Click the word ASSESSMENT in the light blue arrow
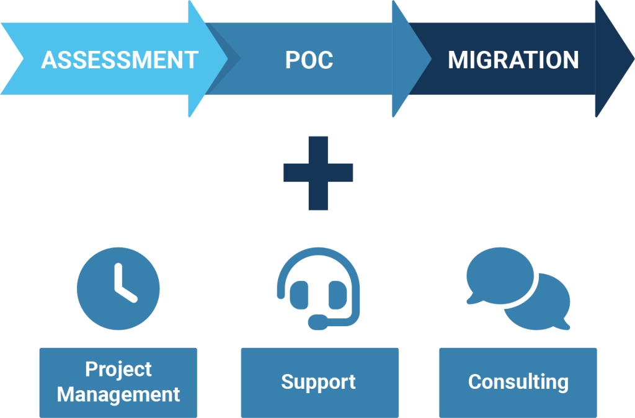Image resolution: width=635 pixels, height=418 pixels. point(119,60)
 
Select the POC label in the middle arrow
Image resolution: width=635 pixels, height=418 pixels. point(309,60)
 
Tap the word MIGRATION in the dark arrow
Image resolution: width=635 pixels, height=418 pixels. point(513,60)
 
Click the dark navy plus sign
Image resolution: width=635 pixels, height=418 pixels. point(318,172)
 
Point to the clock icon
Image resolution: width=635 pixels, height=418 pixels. point(118,287)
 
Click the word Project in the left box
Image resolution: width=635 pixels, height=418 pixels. point(118,370)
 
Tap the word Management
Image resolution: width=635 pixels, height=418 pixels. point(118,394)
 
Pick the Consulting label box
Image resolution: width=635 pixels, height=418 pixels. point(518,382)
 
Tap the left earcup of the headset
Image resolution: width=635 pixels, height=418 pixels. point(300,294)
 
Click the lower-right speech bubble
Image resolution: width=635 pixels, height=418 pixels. point(537,303)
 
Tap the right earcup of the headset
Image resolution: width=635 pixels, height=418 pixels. point(337,294)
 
